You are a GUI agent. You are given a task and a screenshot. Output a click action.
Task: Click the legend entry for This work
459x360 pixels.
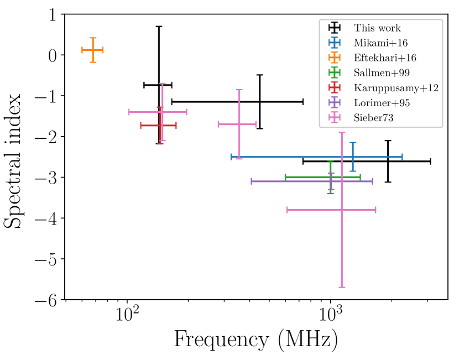[378, 28]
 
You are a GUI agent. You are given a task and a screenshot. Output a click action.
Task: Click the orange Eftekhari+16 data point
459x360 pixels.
[92, 50]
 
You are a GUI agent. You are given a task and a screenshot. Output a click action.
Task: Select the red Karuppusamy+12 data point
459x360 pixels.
[158, 126]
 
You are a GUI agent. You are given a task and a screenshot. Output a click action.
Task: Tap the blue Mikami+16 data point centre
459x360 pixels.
[353, 157]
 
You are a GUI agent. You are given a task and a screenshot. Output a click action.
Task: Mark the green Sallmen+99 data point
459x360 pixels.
[330, 177]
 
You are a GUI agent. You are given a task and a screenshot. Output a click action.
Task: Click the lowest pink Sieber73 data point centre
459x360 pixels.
[342, 210]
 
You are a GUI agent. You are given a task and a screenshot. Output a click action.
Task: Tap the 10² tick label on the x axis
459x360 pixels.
[127, 317]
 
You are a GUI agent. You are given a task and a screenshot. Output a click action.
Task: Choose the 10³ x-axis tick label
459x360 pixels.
[330, 317]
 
